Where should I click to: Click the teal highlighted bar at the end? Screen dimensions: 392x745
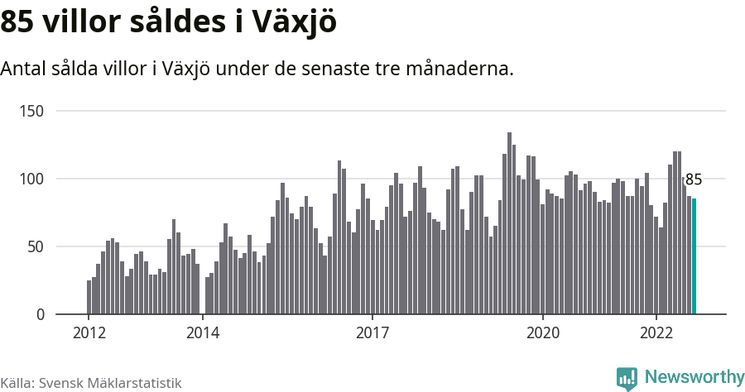(x=695, y=256)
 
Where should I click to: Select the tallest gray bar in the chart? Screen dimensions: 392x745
(x=509, y=223)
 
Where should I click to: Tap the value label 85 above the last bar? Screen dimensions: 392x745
(x=694, y=179)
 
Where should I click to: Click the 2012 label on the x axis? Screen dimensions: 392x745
(x=89, y=333)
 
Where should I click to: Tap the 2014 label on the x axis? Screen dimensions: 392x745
(x=203, y=333)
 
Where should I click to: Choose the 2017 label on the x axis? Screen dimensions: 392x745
(x=373, y=333)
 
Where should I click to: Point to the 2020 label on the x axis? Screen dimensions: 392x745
(x=543, y=333)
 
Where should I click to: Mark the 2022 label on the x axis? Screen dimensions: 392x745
(x=656, y=333)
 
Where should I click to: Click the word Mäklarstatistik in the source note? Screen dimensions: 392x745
(x=134, y=384)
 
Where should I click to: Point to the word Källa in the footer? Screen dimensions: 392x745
(x=17, y=384)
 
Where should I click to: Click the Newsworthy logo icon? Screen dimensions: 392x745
(x=627, y=378)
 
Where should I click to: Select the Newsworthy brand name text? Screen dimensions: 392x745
(x=694, y=377)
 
